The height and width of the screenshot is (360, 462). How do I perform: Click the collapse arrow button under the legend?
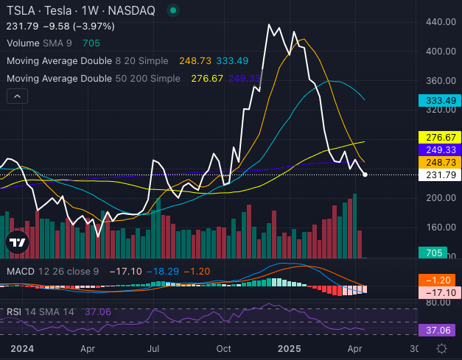(17, 95)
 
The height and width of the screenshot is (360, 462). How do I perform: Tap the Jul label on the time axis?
(155, 348)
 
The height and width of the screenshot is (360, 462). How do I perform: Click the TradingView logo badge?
(18, 241)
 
